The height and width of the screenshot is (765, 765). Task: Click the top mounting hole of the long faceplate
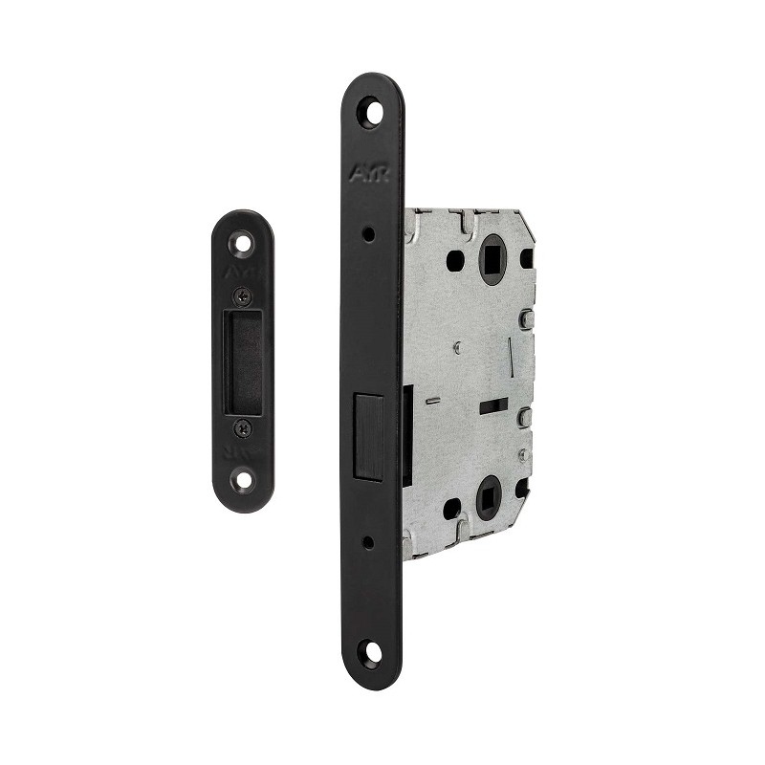pyautogui.click(x=371, y=112)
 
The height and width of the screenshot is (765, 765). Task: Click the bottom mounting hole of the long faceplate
pyautogui.click(x=371, y=654)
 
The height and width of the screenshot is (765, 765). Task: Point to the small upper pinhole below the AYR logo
pyautogui.click(x=370, y=232)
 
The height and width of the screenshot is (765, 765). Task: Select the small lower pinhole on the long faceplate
pyautogui.click(x=370, y=541)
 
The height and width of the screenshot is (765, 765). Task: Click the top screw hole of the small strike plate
pyautogui.click(x=243, y=243)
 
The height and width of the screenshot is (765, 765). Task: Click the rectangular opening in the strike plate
pyautogui.click(x=242, y=362)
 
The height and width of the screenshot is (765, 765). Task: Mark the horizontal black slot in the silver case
pyautogui.click(x=492, y=406)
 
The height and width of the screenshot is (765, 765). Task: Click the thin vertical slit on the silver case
pyautogui.click(x=512, y=356)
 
